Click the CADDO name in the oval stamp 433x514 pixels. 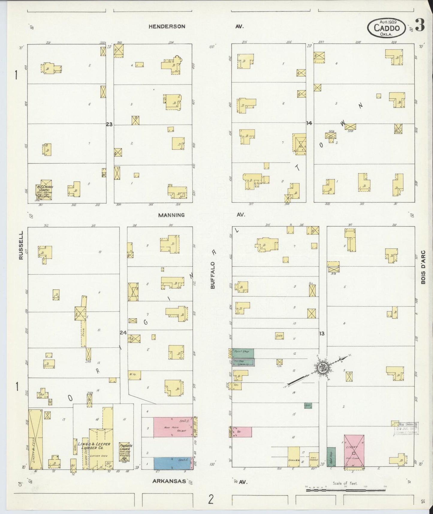(387, 28)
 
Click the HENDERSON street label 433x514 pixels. (167, 26)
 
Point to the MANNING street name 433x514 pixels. (171, 215)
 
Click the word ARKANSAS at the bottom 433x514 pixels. (169, 481)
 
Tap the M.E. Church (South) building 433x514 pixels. (44, 190)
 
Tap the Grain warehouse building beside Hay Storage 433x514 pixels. (293, 456)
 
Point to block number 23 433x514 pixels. (109, 124)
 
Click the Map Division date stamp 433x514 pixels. (406, 428)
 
